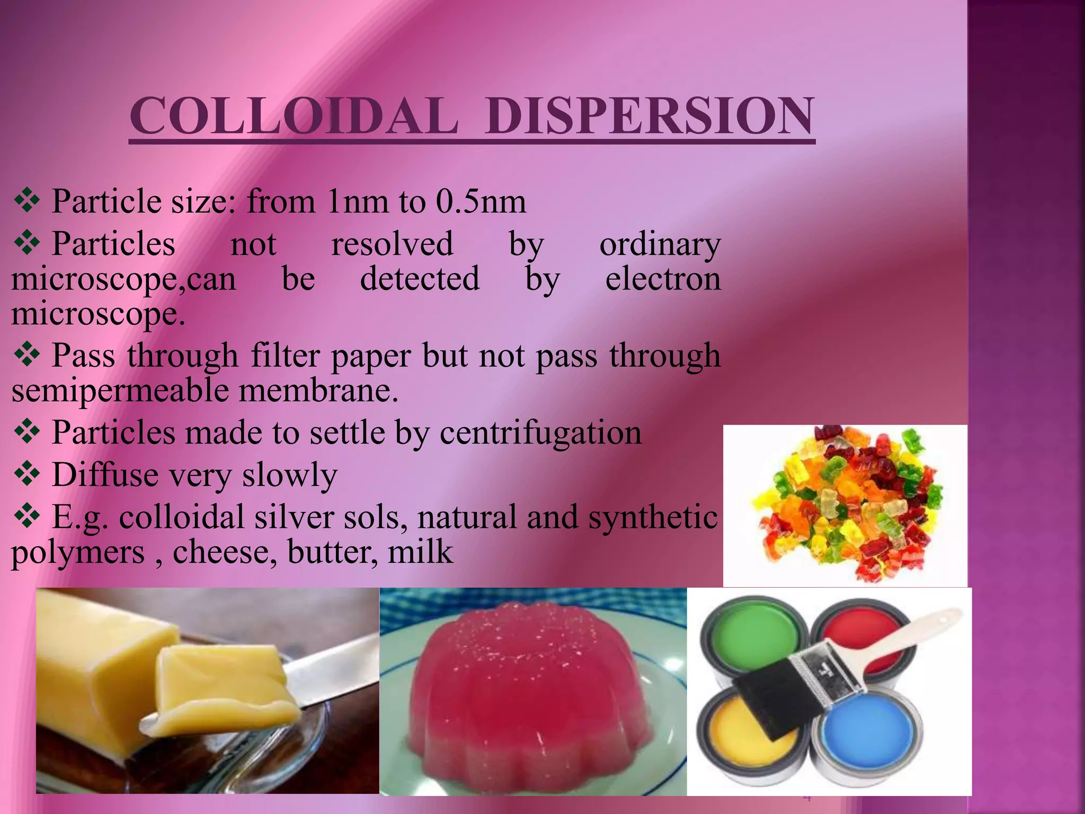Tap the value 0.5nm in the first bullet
pyautogui.click(x=481, y=202)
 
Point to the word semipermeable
pyautogui.click(x=120, y=391)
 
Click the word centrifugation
pyautogui.click(x=540, y=433)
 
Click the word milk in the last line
pyautogui.click(x=421, y=552)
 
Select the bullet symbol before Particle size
pyautogui.click(x=26, y=202)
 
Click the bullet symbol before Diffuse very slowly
pyautogui.click(x=26, y=474)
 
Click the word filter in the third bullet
pyautogui.click(x=286, y=356)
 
